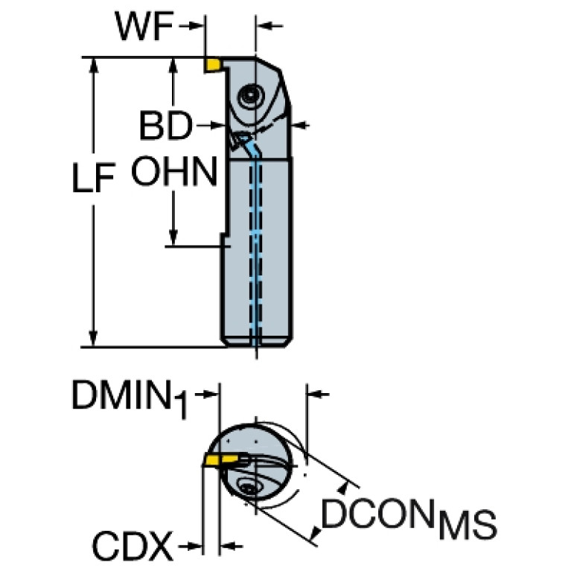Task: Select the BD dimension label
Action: point(165,127)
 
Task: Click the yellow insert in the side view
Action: point(214,66)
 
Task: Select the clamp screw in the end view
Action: point(249,488)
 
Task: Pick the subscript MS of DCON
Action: point(466,524)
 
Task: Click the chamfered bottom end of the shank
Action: point(257,342)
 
